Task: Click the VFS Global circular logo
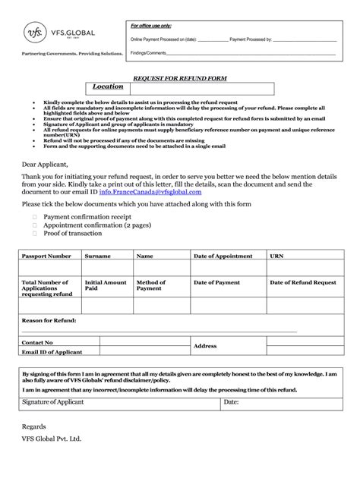(33, 33)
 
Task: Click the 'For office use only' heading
(153, 26)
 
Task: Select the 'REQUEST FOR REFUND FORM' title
(180, 78)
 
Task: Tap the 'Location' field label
(107, 87)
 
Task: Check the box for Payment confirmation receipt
(34, 216)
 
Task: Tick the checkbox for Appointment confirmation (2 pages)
(34, 225)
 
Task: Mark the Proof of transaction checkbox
(34, 234)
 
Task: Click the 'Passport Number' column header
(46, 256)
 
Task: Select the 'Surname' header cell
(97, 256)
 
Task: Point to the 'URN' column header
(277, 256)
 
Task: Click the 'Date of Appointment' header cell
(223, 256)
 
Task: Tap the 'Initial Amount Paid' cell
(106, 285)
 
